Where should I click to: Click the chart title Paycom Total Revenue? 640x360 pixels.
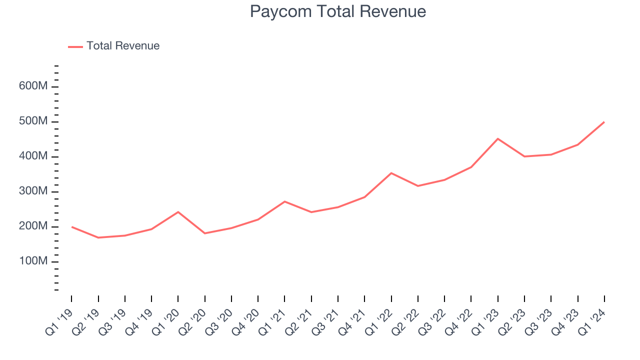338,11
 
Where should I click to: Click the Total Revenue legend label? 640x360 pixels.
123,46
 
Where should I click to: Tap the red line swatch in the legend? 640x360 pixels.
75,46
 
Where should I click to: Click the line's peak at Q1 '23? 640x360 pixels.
498,138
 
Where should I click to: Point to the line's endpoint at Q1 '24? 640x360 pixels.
604,121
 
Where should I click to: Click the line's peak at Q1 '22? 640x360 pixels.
391,173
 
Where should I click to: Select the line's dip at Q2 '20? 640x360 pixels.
205,233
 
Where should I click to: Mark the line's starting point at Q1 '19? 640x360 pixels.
71,226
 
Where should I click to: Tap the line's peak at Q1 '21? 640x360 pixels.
284,201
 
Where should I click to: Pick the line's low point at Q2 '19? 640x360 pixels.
98,237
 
